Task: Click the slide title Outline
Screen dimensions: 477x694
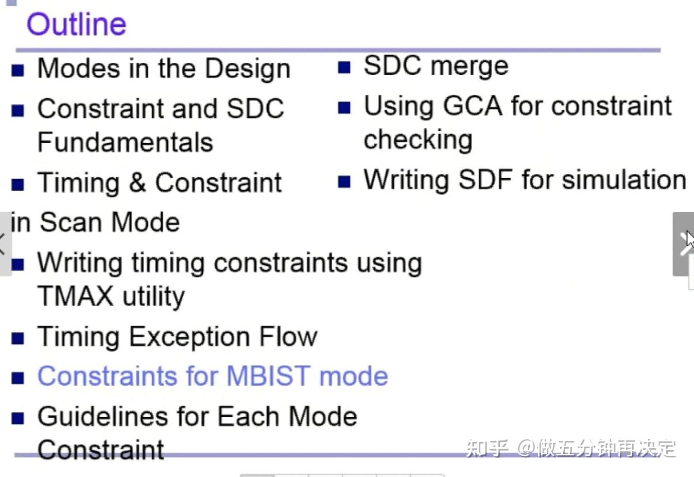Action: pos(76,25)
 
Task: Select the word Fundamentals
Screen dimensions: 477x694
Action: pos(125,142)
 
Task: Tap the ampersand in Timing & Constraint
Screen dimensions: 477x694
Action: pos(137,183)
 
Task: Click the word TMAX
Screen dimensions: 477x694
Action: pos(75,296)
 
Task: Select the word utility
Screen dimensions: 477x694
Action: pos(153,297)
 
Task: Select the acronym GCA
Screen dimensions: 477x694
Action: pos(472,106)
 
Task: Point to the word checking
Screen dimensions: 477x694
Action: pos(418,140)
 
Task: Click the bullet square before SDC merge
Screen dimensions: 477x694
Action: pos(344,67)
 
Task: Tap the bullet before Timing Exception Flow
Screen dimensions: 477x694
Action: pos(18,338)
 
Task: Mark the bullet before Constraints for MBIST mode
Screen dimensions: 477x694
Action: pos(18,378)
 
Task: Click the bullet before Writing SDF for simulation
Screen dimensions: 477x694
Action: pos(344,181)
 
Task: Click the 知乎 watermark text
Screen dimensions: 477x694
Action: pos(487,448)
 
